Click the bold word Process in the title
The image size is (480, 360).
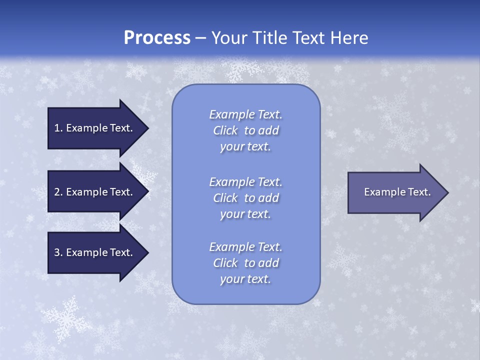[157, 38]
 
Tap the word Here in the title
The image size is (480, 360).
[349, 38]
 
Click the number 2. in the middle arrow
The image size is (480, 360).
[58, 192]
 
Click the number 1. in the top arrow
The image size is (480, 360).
[58, 128]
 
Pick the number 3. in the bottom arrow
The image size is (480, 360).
[58, 252]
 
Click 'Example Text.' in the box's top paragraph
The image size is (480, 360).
[246, 114]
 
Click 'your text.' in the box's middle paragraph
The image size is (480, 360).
[245, 214]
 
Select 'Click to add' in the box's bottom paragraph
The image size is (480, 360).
[246, 263]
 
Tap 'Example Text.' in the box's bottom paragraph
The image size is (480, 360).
[246, 247]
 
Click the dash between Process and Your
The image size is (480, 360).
[200, 38]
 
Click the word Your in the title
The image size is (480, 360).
[227, 38]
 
